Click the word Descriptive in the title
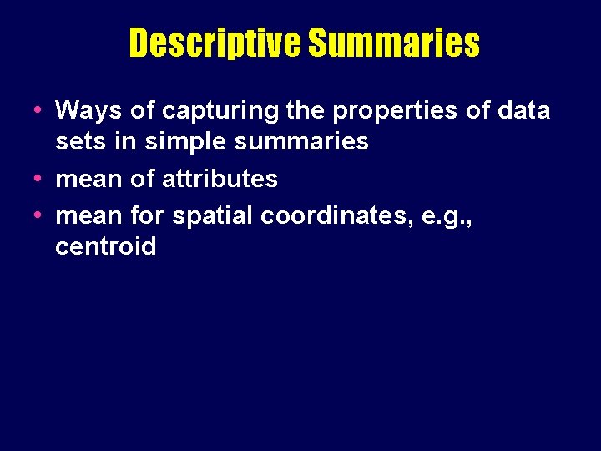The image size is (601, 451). [215, 43]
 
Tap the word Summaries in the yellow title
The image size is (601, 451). [394, 43]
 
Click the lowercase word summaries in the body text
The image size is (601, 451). [301, 141]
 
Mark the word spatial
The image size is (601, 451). [213, 215]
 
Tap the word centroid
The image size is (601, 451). [106, 246]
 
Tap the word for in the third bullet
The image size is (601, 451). [149, 215]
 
